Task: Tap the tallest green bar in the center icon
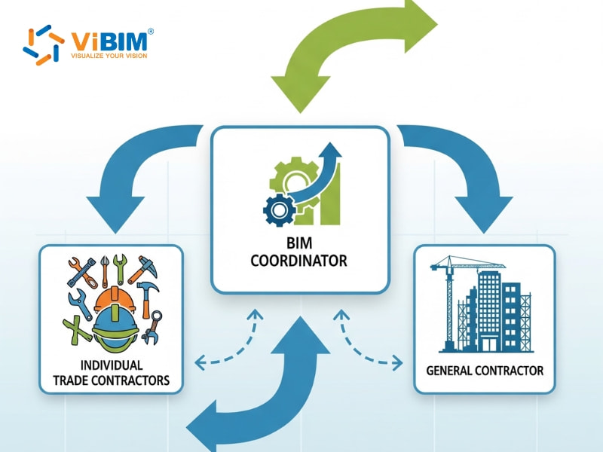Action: pos(332,194)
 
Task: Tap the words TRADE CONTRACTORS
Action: pos(111,380)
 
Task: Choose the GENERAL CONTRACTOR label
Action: pos(485,371)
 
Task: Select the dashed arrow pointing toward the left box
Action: pos(222,354)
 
